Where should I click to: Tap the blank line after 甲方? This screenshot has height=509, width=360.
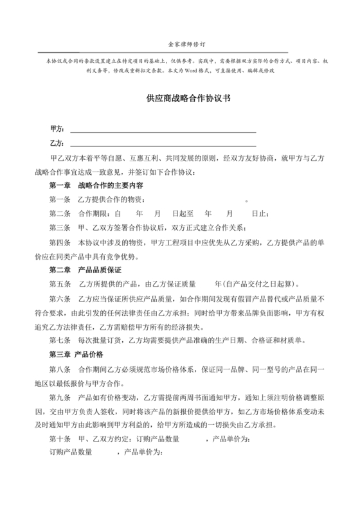pos(163,130)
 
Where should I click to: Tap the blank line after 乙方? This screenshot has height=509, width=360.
pos(163,145)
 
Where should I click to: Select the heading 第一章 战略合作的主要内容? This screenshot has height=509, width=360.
pos(100,185)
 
